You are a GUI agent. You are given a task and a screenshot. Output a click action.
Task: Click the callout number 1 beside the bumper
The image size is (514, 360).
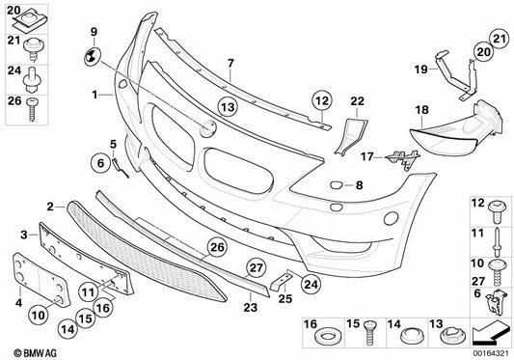pyautogui.click(x=95, y=96)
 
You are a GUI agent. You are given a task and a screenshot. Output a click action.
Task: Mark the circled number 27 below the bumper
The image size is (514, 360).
pyautogui.click(x=257, y=267)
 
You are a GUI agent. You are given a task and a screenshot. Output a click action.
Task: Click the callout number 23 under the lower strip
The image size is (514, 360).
pyautogui.click(x=251, y=309)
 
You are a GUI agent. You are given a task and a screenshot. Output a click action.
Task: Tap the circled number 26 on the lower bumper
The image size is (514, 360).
pyautogui.click(x=217, y=247)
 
